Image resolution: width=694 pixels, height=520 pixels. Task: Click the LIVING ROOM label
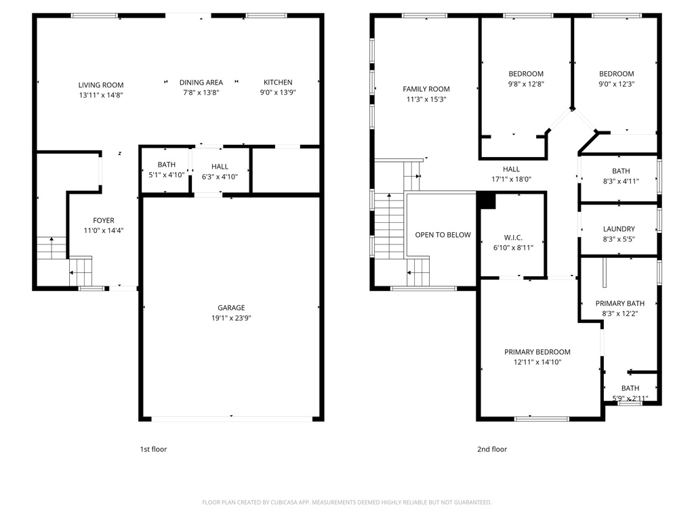click(x=100, y=85)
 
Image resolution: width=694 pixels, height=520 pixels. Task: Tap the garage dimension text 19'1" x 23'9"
click(x=231, y=318)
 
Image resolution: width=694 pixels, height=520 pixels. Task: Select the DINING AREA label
click(x=201, y=83)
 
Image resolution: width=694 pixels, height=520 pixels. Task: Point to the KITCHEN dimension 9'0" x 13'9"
click(x=278, y=93)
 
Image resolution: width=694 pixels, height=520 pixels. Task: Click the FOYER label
click(x=104, y=220)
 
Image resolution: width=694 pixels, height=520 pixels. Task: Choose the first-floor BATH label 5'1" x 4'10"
click(x=166, y=165)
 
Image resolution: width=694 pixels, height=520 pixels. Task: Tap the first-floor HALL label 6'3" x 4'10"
click(x=220, y=167)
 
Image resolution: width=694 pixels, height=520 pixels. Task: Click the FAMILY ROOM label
click(x=426, y=89)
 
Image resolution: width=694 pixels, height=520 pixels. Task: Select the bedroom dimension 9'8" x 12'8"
click(x=526, y=84)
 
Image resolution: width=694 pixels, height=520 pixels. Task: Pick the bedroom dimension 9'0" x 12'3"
click(x=616, y=84)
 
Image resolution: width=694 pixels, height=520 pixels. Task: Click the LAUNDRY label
click(x=619, y=229)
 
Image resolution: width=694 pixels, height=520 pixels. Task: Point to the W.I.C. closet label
click(x=512, y=238)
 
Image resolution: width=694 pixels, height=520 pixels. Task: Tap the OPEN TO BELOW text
click(x=443, y=235)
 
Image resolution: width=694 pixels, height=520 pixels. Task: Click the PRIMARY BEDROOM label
click(x=537, y=351)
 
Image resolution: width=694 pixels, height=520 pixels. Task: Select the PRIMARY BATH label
click(x=620, y=303)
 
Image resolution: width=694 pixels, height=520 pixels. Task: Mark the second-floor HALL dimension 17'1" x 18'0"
click(x=511, y=179)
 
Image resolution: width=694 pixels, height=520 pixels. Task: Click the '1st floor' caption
click(x=152, y=449)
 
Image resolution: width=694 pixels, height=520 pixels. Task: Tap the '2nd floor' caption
click(x=492, y=449)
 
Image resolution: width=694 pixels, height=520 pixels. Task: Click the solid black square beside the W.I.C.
click(x=487, y=200)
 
